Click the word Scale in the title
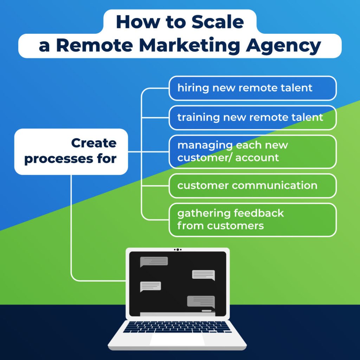(x=218, y=22)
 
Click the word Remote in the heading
(x=95, y=45)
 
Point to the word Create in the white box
(x=94, y=143)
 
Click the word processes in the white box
(x=59, y=159)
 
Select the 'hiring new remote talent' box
(x=252, y=88)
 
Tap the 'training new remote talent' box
(x=252, y=117)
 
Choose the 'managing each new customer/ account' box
(x=252, y=152)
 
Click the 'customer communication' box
(x=252, y=186)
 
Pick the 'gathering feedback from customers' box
(x=252, y=220)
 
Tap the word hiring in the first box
(x=193, y=88)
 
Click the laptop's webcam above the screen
(x=178, y=250)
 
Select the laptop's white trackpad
(x=177, y=339)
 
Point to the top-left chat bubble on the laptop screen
(x=154, y=262)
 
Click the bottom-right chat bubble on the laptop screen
(x=201, y=302)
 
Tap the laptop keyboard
(x=177, y=327)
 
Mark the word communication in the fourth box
(x=275, y=186)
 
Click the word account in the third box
(x=257, y=158)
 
